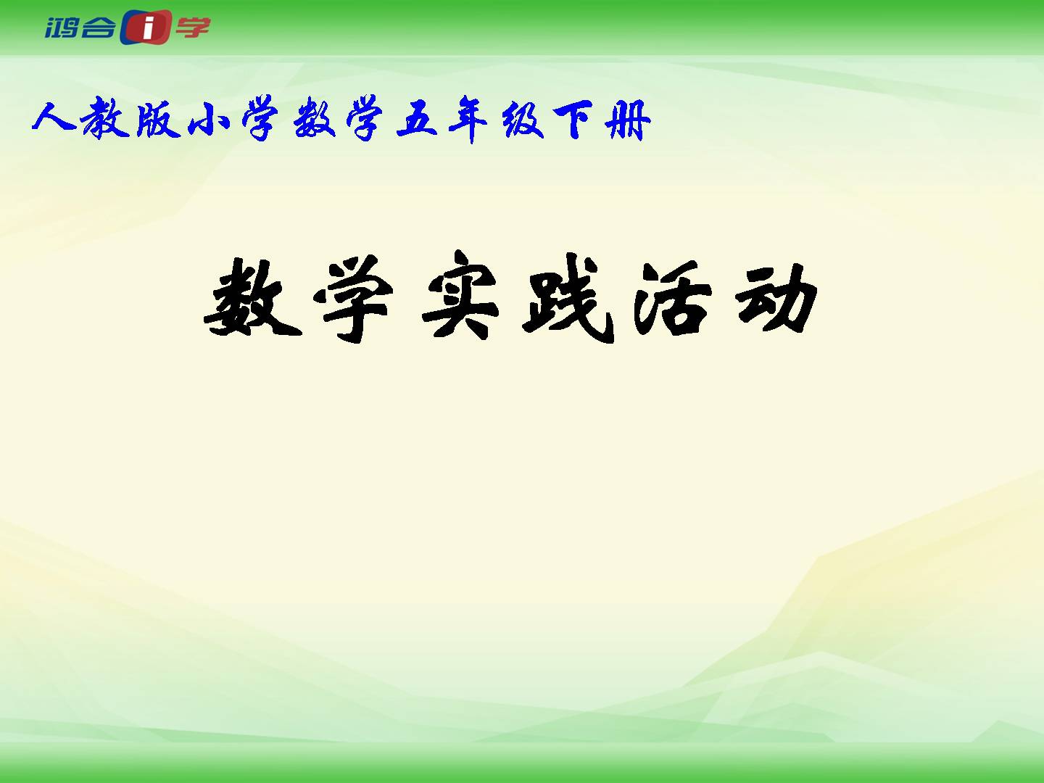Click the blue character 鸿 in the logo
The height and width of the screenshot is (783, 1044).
click(x=62, y=28)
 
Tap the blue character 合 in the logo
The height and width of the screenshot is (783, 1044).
click(x=97, y=28)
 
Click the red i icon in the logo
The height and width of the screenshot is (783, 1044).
click(x=146, y=27)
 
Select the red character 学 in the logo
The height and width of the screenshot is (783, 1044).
click(x=193, y=27)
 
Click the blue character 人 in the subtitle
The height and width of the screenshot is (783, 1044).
click(x=54, y=117)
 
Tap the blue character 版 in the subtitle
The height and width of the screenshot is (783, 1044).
click(x=158, y=119)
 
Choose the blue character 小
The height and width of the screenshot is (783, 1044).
click(x=210, y=119)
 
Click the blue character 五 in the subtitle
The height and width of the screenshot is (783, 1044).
click(x=417, y=119)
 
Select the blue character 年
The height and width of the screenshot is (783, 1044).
click(x=468, y=119)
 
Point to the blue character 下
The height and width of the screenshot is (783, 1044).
click(x=573, y=119)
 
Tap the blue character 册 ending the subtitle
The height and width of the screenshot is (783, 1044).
click(x=628, y=120)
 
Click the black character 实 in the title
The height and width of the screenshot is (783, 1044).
click(x=460, y=296)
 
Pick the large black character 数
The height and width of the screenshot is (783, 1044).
click(x=252, y=297)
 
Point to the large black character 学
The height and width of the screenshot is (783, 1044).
click(x=353, y=299)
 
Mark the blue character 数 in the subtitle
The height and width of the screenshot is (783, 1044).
click(x=314, y=118)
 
